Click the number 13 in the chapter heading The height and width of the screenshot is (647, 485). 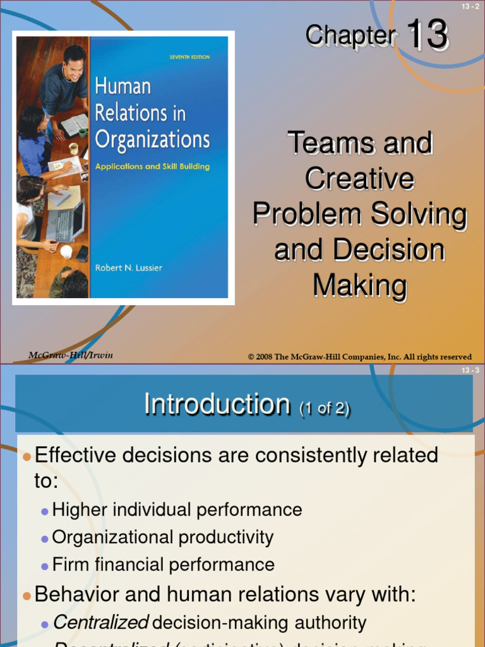(427, 35)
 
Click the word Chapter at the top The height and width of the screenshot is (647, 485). (350, 36)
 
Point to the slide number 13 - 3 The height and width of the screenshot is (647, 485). (470, 370)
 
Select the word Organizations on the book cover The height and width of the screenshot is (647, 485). (152, 140)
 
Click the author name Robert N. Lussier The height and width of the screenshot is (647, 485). (128, 267)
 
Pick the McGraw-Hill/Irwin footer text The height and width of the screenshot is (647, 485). (71, 355)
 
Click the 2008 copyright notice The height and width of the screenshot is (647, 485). (360, 357)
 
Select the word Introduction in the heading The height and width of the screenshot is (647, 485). (217, 404)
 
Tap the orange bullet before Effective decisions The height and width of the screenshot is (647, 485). (26, 457)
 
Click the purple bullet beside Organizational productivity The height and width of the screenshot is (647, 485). (44, 539)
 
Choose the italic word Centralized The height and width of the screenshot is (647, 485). (101, 623)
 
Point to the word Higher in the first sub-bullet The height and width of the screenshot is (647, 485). (80, 510)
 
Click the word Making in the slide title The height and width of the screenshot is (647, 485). (359, 286)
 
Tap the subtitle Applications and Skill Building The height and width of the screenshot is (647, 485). (152, 167)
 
